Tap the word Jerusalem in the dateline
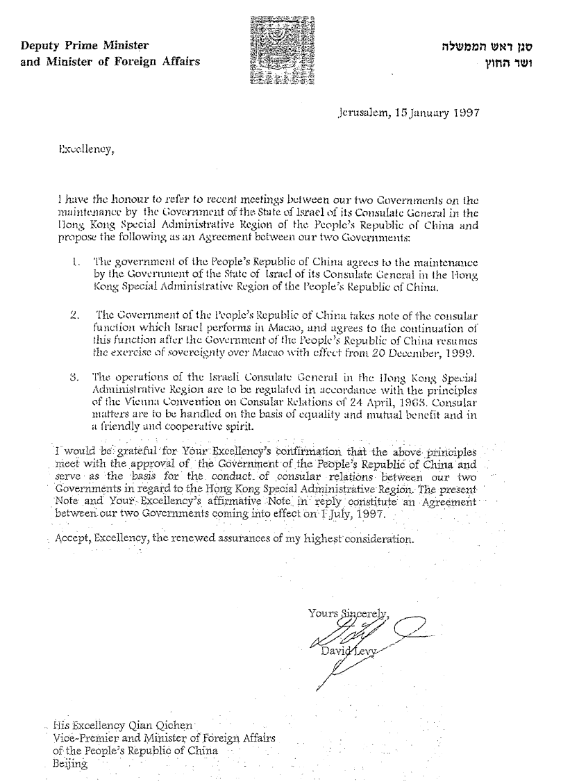(360, 112)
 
